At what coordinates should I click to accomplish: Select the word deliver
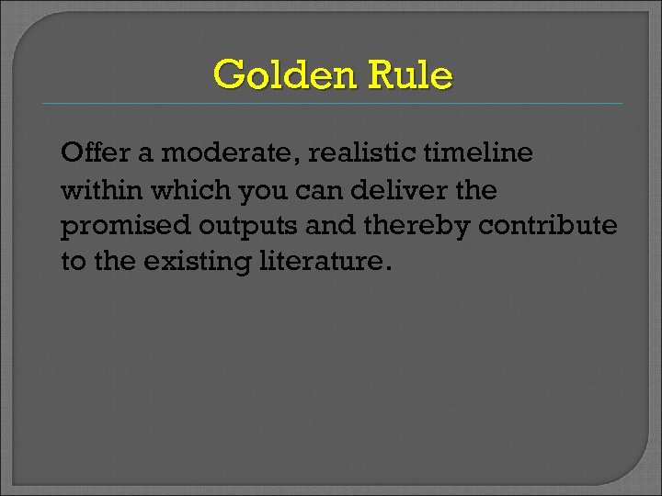tap(402, 190)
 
